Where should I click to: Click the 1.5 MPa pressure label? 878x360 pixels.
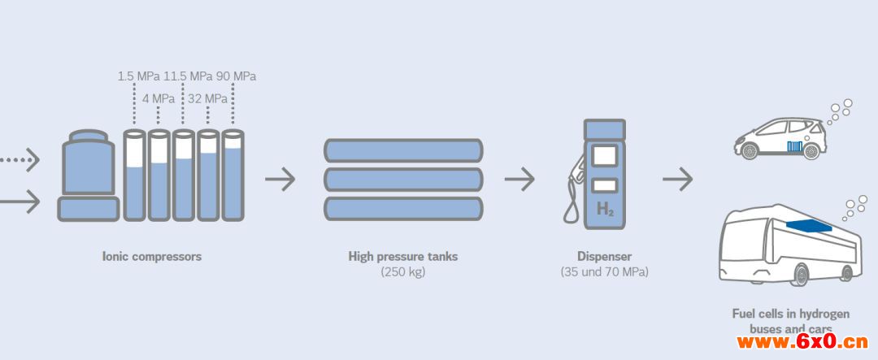(138, 76)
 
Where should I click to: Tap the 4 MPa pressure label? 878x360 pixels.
(159, 99)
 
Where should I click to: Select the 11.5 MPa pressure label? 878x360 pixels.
(187, 76)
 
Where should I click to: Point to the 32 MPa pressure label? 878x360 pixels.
(208, 99)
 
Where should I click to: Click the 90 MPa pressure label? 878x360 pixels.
(236, 76)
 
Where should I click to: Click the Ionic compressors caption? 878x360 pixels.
(151, 257)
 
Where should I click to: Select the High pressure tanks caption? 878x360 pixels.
(403, 257)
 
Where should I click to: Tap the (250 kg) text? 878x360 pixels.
(403, 272)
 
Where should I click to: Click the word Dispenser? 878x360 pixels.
(604, 257)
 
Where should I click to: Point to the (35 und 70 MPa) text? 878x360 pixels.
(604, 272)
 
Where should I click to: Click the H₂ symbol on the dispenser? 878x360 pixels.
(605, 209)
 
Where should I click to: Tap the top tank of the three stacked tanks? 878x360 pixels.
(403, 151)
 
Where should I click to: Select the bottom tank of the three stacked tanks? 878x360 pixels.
(403, 209)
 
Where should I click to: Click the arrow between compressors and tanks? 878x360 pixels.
(280, 179)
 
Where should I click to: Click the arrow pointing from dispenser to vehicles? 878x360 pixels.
(677, 179)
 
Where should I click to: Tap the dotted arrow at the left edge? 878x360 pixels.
(20, 161)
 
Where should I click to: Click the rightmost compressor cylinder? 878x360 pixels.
(233, 175)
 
